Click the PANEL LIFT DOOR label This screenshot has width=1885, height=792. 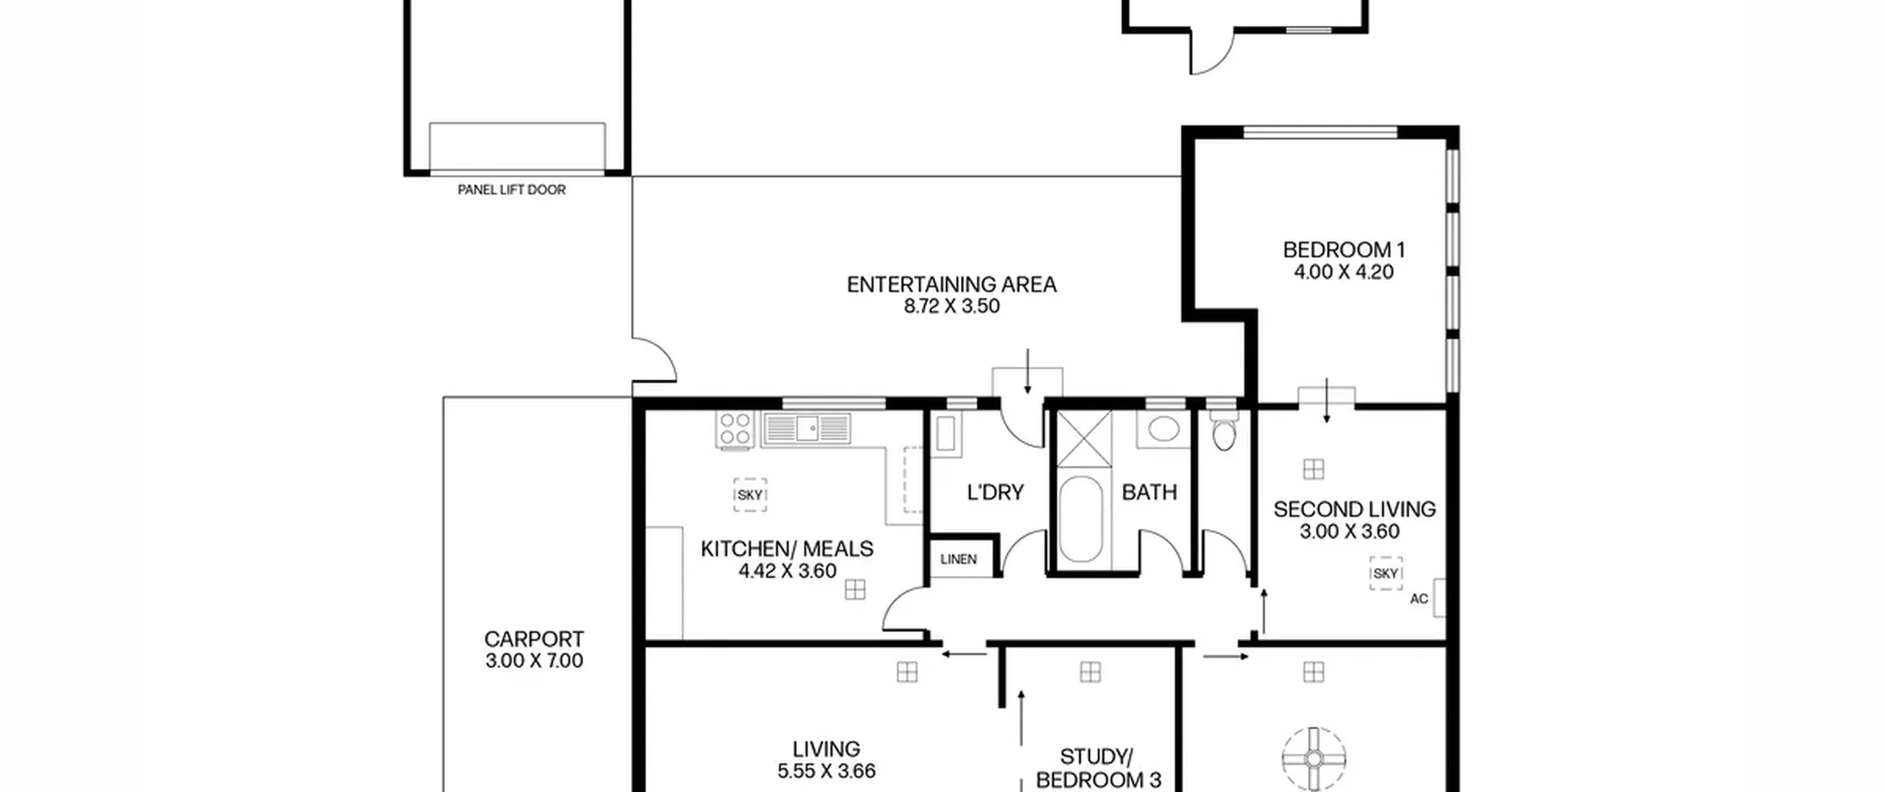tap(512, 190)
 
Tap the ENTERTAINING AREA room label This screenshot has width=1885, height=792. tap(951, 284)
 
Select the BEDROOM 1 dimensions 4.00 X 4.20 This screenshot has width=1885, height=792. tap(1344, 272)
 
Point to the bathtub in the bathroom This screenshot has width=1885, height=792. tap(1081, 519)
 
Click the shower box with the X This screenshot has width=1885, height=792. tap(1084, 439)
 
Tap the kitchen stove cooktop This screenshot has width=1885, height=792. tap(735, 430)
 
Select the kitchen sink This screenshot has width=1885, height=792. tap(807, 428)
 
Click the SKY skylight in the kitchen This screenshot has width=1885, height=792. tap(750, 495)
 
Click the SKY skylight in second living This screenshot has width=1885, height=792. tap(1386, 573)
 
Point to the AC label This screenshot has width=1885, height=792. tap(1419, 599)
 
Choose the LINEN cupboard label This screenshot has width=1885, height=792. tap(959, 559)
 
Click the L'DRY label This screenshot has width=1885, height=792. tap(996, 492)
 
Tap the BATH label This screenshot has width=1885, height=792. tap(1149, 492)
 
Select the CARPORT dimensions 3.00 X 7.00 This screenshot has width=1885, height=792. tap(534, 661)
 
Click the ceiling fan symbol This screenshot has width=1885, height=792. tap(1314, 759)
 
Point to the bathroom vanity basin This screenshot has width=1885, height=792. tap(1163, 430)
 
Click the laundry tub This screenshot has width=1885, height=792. tap(945, 433)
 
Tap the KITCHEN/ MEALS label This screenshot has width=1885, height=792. tap(787, 549)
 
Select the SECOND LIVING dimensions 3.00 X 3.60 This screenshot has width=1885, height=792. tap(1349, 531)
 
